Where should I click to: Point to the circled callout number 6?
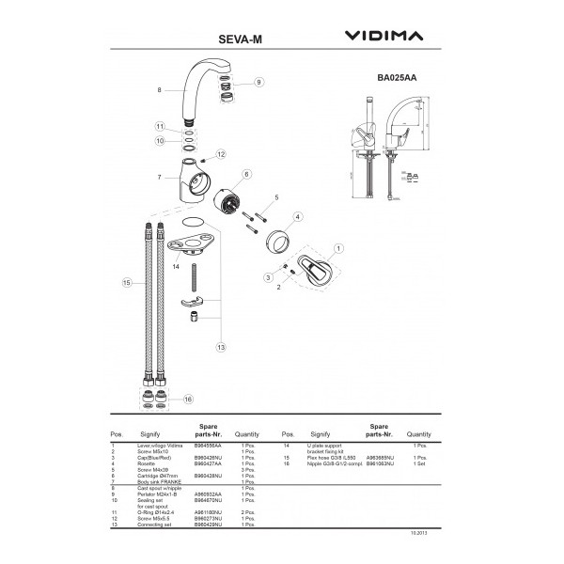click(x=247, y=174)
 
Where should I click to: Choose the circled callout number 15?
click(x=126, y=281)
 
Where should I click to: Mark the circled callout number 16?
click(x=188, y=399)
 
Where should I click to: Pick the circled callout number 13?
click(x=222, y=347)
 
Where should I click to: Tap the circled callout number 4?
click(x=297, y=216)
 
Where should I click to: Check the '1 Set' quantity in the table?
click(x=420, y=463)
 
